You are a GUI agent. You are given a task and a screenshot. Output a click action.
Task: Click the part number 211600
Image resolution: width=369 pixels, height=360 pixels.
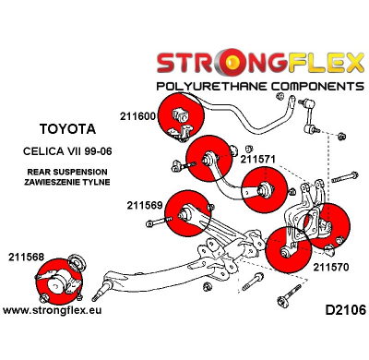click(x=137, y=116)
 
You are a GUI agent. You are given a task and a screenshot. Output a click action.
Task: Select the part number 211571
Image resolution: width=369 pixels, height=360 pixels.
click(x=257, y=159)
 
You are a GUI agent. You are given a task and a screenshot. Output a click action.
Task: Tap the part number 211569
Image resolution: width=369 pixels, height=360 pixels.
click(x=144, y=206)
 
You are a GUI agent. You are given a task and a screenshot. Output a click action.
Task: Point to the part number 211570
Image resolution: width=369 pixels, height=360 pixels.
click(x=330, y=267)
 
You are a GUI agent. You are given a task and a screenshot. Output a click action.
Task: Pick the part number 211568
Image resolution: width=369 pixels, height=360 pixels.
click(x=27, y=256)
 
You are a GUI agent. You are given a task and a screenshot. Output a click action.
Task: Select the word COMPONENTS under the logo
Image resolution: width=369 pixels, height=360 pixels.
click(x=309, y=86)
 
